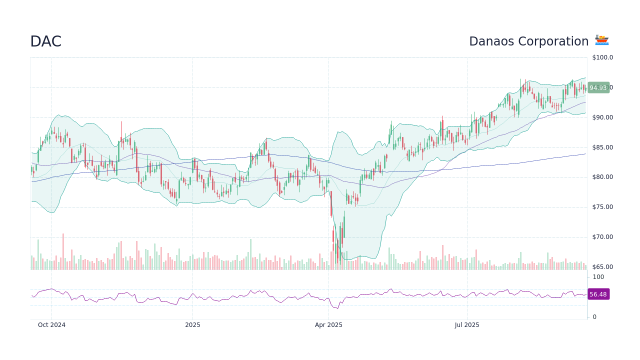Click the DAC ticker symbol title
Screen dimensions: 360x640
[45, 41]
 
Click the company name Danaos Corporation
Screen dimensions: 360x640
[528, 41]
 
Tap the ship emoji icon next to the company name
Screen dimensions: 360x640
[601, 40]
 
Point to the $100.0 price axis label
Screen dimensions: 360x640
[602, 57]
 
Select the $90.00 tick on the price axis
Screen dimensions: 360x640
[602, 117]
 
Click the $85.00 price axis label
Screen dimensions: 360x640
[602, 147]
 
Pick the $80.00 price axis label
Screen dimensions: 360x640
[602, 177]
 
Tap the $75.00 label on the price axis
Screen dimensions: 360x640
[602, 207]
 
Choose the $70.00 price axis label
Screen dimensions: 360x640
[602, 237]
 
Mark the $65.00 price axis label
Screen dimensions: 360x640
[602, 267]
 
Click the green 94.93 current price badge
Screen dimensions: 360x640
[598, 88]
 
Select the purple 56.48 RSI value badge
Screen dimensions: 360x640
[598, 294]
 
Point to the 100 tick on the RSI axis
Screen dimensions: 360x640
[598, 277]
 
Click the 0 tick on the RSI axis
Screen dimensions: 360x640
[594, 317]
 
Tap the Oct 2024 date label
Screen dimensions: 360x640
[51, 325]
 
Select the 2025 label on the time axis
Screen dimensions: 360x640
[192, 325]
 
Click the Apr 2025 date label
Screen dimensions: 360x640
[328, 325]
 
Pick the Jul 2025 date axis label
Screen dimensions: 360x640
[467, 325]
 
